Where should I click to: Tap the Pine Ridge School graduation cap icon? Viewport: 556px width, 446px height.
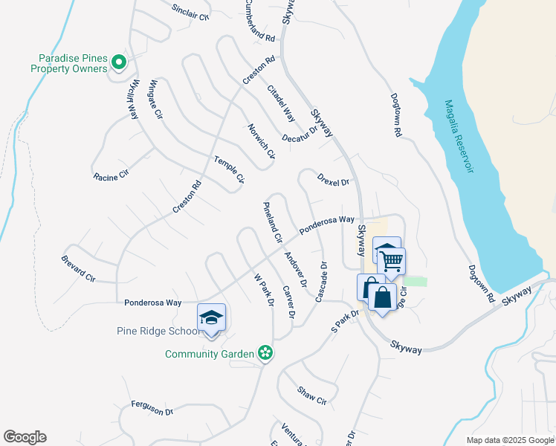point(211,317)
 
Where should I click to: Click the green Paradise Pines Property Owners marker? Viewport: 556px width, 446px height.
point(118,63)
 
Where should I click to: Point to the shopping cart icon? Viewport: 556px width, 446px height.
point(391,261)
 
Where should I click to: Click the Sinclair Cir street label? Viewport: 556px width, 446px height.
point(191,10)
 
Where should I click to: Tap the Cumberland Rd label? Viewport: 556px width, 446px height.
point(259,21)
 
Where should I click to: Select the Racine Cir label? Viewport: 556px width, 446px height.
point(111,177)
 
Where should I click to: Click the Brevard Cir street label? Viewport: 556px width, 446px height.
point(78,268)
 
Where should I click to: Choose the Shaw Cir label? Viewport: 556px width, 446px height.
point(311,395)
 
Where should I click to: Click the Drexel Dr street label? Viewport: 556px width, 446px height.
point(332,181)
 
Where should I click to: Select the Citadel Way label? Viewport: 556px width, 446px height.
point(281,103)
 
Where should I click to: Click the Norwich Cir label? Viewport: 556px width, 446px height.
point(262,141)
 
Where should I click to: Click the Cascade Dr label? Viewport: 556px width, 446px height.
point(320,281)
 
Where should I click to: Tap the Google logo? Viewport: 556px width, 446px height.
point(25,437)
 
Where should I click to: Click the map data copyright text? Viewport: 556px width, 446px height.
point(509,440)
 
